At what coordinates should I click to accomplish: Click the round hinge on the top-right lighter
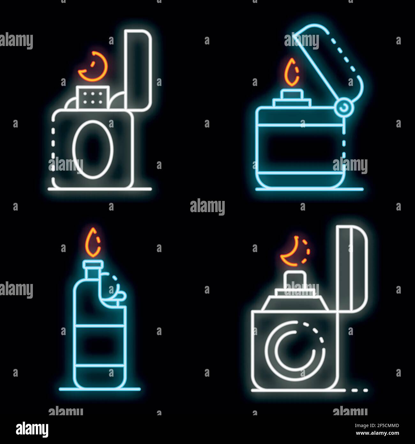tap(343, 108)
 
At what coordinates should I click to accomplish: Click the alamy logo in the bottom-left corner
tap(32, 428)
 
